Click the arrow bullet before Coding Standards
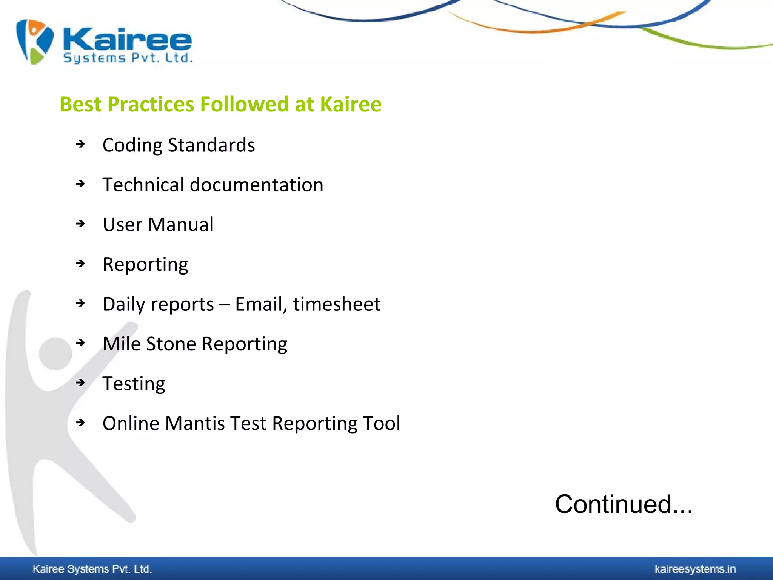(80, 144)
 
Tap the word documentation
(256, 185)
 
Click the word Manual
(181, 224)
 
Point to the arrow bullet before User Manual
(80, 224)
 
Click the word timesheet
(337, 304)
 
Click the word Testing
(134, 384)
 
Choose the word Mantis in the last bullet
(195, 423)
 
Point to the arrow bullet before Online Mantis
(80, 423)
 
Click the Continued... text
(624, 504)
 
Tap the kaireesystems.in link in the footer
(695, 569)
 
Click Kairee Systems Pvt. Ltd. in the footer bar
(92, 569)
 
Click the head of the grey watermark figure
(55, 353)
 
